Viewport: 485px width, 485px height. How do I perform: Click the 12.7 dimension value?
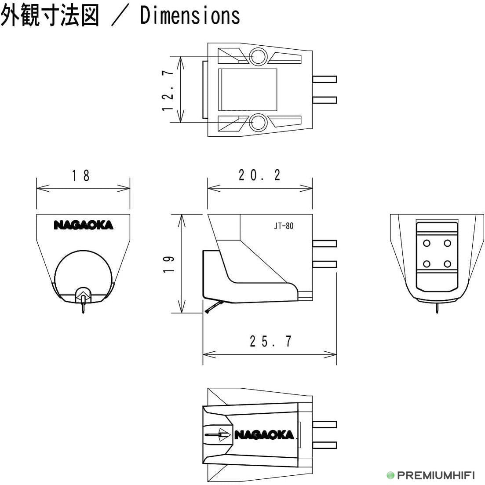[168, 90]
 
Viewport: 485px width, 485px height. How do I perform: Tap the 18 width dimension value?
[81, 175]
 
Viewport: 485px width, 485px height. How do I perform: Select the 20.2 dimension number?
[259, 175]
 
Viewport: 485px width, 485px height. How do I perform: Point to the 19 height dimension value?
[169, 264]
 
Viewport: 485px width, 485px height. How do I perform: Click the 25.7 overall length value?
[271, 341]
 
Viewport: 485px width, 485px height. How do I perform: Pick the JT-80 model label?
[284, 226]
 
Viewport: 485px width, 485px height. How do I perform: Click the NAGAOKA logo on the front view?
[84, 225]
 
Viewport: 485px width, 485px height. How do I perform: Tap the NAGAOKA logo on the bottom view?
[264, 435]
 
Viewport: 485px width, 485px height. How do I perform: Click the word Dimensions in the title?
[190, 15]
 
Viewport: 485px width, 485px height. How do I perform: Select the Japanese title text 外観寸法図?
[50, 15]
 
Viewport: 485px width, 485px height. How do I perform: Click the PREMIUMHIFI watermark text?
[436, 475]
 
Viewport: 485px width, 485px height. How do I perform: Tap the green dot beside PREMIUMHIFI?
[390, 475]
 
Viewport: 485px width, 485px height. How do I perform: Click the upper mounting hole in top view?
[258, 57]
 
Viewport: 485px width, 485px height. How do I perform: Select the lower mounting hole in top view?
[258, 123]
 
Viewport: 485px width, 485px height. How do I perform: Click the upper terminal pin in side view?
[325, 244]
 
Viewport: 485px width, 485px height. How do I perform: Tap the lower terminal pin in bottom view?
[325, 445]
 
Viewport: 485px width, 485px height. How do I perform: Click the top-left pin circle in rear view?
[427, 243]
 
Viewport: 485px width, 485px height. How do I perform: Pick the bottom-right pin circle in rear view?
[447, 264]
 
